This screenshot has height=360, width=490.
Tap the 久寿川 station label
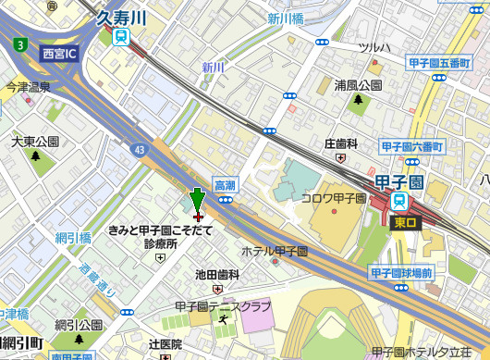(x=122, y=17)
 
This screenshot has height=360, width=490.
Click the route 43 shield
(x=139, y=148)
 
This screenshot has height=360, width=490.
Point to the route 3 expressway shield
(x=19, y=43)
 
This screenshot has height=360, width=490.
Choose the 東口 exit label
(x=405, y=222)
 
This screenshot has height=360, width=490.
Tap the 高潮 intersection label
(x=226, y=185)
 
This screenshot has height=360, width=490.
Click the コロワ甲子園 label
(x=334, y=198)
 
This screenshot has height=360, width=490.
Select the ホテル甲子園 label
(x=274, y=251)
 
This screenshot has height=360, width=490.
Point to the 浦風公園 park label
(x=358, y=85)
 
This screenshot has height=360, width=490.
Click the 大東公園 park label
(x=35, y=143)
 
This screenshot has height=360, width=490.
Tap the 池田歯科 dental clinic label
(x=218, y=275)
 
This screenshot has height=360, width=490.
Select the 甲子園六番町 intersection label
(x=412, y=147)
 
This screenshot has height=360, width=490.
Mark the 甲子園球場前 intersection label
(x=401, y=273)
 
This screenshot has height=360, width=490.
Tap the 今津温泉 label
(x=28, y=87)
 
